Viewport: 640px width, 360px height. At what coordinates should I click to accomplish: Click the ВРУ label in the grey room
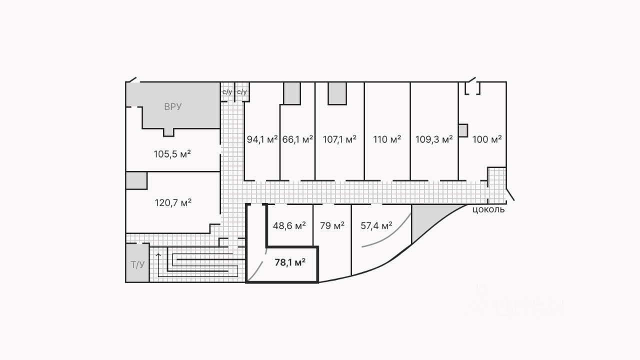pos(172,106)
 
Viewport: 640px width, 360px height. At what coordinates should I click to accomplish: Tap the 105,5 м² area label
pos(172,153)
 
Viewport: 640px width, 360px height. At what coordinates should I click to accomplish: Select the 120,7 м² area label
pos(172,202)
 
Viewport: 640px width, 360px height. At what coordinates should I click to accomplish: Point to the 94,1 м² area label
pos(262,139)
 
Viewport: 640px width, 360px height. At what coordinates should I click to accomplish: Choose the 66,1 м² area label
pos(297,139)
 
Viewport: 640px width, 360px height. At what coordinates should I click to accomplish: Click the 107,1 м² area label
pos(339,139)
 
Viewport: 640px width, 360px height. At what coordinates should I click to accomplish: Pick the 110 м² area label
pos(387,139)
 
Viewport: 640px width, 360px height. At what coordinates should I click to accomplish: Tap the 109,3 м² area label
pos(434,139)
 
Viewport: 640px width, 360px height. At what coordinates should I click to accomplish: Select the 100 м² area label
pos(487,139)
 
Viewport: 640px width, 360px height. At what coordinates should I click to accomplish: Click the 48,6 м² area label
pos(289,225)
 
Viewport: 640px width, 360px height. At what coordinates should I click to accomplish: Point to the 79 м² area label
pos(332,225)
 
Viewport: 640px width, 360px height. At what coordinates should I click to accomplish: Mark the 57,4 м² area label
pos(376,225)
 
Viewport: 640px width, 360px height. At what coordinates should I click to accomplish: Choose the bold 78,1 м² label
pos(290,262)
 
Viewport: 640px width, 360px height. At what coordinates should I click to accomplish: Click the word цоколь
pos(488,209)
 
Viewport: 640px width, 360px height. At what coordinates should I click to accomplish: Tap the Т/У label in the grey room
pos(137,264)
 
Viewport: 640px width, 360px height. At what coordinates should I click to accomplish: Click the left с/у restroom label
pos(227,92)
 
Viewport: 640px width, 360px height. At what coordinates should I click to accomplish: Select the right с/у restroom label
pos(242,92)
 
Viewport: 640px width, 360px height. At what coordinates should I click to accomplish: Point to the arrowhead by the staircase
pos(158,255)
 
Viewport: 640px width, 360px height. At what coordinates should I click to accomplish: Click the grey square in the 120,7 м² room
pos(136,180)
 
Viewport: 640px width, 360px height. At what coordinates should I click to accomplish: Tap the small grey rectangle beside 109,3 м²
pos(463,130)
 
